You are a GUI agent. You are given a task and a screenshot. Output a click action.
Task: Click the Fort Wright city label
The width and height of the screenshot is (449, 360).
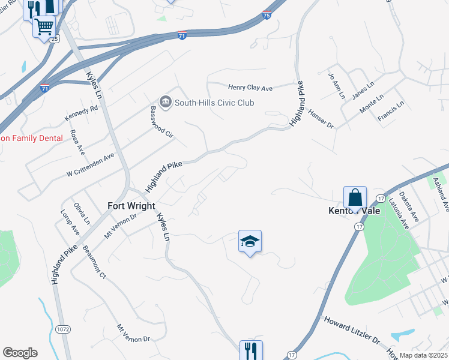tap(131, 205)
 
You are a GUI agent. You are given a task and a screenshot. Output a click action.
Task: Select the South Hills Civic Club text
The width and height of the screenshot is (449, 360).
tap(214, 103)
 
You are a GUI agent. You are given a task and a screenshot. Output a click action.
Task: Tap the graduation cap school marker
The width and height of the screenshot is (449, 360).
tap(250, 241)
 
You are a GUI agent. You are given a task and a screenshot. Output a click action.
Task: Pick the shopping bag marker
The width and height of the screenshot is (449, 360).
tap(355, 197)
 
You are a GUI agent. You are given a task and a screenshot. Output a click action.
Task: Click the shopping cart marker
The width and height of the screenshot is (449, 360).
tap(44, 26)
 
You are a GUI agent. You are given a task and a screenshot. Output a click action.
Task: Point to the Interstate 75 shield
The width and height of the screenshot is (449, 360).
tap(267, 15)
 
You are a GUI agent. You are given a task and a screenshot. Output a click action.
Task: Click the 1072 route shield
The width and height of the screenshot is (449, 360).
tap(62, 329)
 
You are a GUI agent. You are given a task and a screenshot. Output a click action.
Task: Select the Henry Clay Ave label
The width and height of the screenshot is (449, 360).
tap(250, 88)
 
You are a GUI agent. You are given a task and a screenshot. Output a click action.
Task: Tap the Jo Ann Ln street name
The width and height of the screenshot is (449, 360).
tap(336, 86)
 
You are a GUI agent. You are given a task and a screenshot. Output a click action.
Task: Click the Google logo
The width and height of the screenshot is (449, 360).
tap(20, 353)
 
